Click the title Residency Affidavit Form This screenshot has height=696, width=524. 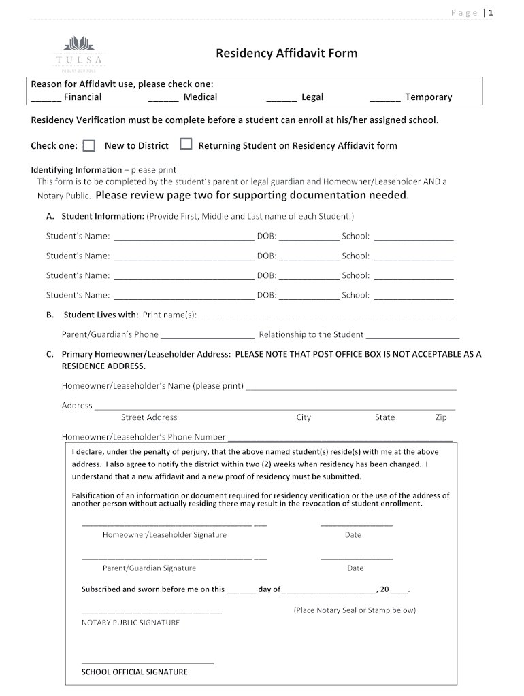click(x=286, y=53)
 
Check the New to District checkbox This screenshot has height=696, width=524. click(x=89, y=145)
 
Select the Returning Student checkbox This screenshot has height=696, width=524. click(x=185, y=145)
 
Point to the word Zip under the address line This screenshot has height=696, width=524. click(x=441, y=417)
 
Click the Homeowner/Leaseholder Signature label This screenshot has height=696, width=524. click(x=165, y=535)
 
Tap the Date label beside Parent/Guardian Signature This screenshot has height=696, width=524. click(x=355, y=568)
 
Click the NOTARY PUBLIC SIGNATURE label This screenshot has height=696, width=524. click(x=131, y=623)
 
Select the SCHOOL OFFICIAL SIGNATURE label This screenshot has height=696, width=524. click(x=134, y=672)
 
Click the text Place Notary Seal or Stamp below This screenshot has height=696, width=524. click(x=355, y=610)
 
